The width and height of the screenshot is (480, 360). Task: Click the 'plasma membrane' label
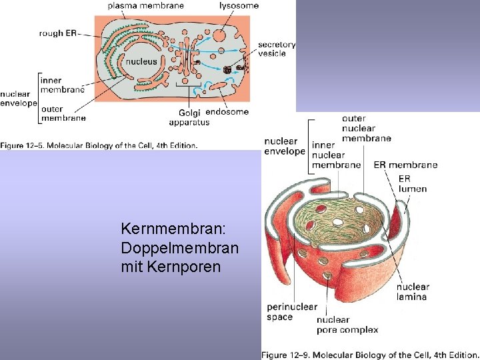(x=145, y=6)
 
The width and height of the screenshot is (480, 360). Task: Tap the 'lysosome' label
(x=239, y=6)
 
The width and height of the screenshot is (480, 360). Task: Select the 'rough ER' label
(x=59, y=33)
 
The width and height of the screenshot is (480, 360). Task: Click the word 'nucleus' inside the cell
(x=141, y=61)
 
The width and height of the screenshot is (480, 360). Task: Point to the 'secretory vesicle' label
(x=277, y=49)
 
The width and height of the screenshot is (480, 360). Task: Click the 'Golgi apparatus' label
(x=189, y=117)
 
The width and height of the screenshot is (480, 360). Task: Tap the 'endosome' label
(x=227, y=112)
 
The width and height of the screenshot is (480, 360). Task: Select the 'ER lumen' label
(x=412, y=183)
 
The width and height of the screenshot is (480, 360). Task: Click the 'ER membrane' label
(x=405, y=165)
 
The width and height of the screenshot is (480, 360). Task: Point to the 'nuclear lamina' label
(x=413, y=291)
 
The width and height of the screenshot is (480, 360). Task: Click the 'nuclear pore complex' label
(x=347, y=325)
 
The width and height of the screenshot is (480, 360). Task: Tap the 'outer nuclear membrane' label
(x=366, y=129)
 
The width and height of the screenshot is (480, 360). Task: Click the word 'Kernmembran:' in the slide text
(x=174, y=229)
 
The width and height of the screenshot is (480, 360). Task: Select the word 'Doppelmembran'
(x=180, y=247)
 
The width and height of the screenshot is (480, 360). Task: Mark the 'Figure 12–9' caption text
(x=369, y=354)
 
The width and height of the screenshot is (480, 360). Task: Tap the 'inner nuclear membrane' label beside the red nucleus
(x=336, y=155)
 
